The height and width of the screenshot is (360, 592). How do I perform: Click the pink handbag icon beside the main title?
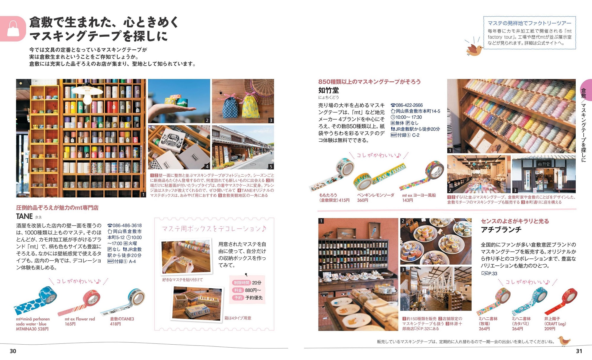13,28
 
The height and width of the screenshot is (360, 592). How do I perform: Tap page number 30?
13,351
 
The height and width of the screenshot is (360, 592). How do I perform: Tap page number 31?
579,351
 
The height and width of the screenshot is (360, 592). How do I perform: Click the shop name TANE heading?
24,217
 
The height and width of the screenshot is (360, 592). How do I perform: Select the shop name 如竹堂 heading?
329,90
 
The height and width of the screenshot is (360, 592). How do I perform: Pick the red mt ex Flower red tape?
79,302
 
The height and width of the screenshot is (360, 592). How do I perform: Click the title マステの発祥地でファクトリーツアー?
530,23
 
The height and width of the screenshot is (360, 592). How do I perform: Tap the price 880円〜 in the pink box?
253,290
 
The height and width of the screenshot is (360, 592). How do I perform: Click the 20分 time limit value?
257,283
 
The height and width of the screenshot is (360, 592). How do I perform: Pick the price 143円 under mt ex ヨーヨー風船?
407,201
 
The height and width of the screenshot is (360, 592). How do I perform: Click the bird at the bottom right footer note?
564,341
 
